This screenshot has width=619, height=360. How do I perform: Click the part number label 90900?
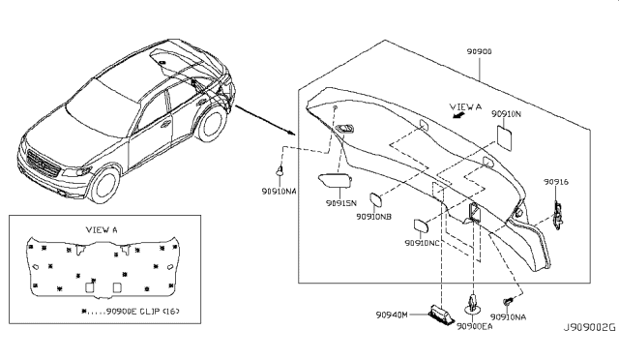(x=480, y=51)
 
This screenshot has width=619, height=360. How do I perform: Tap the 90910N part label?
(x=506, y=114)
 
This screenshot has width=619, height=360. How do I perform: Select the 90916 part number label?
(x=556, y=182)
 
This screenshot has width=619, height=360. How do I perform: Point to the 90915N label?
(x=341, y=203)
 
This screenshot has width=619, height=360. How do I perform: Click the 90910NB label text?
(x=374, y=217)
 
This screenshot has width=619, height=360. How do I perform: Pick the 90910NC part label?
(x=422, y=243)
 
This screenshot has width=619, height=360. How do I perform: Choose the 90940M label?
(x=392, y=315)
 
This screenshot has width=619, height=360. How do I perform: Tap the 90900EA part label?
(x=475, y=326)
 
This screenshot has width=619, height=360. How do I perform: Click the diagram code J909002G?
(x=589, y=328)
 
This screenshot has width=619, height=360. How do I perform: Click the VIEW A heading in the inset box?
(x=102, y=229)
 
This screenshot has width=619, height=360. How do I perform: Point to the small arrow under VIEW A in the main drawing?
(x=458, y=115)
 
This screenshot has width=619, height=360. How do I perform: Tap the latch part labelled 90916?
(x=558, y=216)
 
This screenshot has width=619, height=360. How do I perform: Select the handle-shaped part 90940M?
(x=441, y=315)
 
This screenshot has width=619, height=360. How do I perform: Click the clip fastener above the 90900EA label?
(x=472, y=302)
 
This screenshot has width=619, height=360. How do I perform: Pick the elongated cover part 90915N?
(x=335, y=180)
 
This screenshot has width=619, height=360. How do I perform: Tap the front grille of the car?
(x=43, y=164)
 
